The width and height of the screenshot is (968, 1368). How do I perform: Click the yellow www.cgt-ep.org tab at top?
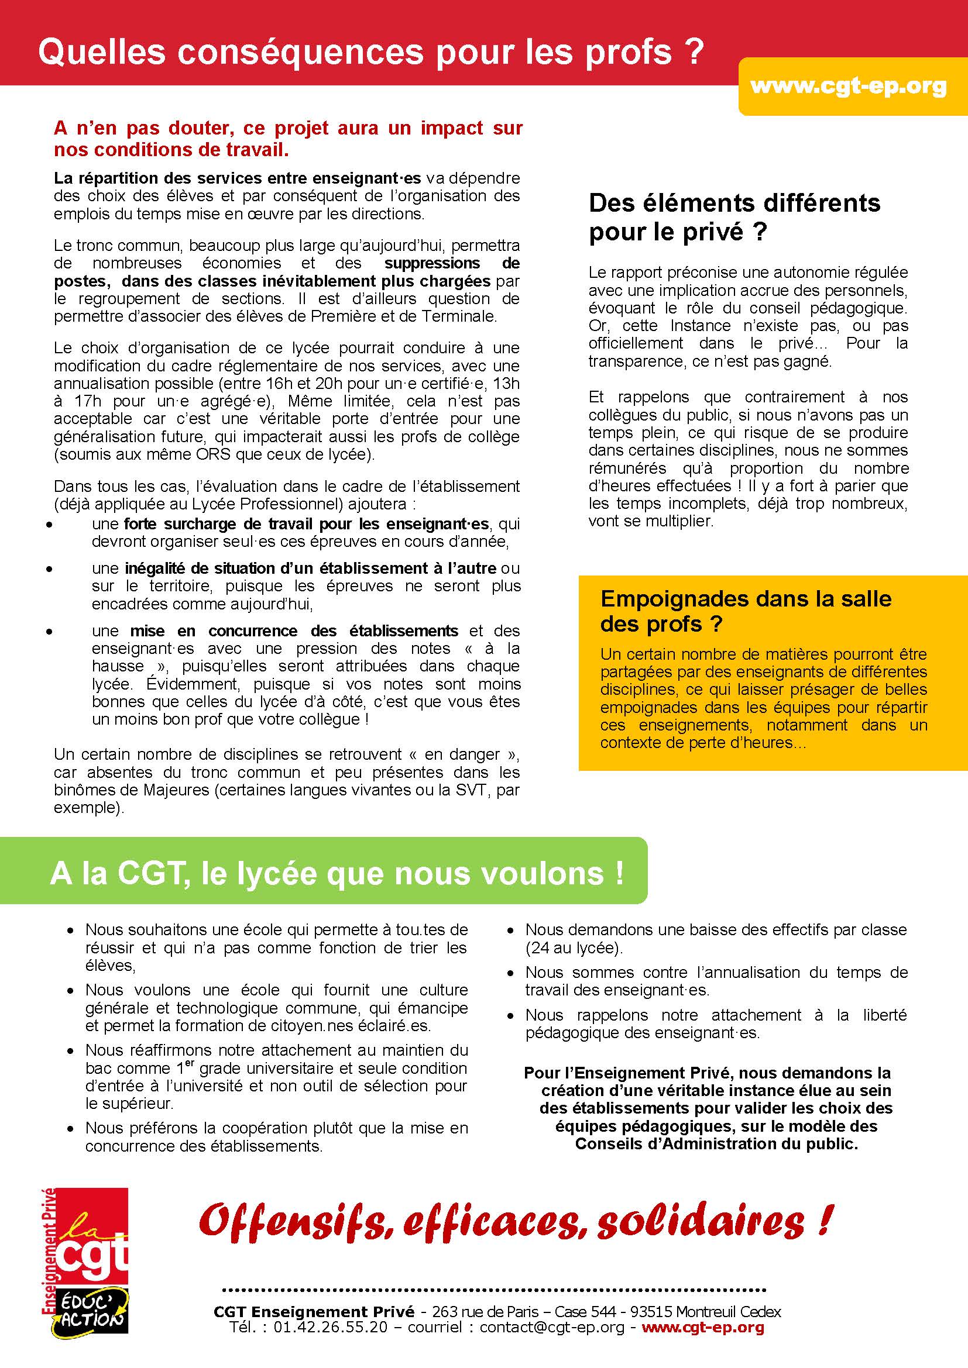(847, 87)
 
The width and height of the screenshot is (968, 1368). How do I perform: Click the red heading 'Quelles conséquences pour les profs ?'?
(369, 53)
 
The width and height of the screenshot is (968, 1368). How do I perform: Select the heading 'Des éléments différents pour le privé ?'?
(734, 217)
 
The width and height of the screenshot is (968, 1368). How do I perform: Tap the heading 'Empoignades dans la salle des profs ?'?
(746, 611)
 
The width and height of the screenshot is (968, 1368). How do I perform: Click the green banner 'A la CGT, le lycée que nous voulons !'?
(337, 873)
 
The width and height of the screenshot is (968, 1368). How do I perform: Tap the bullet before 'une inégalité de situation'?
(50, 569)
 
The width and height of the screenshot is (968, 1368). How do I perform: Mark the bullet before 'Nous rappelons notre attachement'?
(510, 1016)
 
